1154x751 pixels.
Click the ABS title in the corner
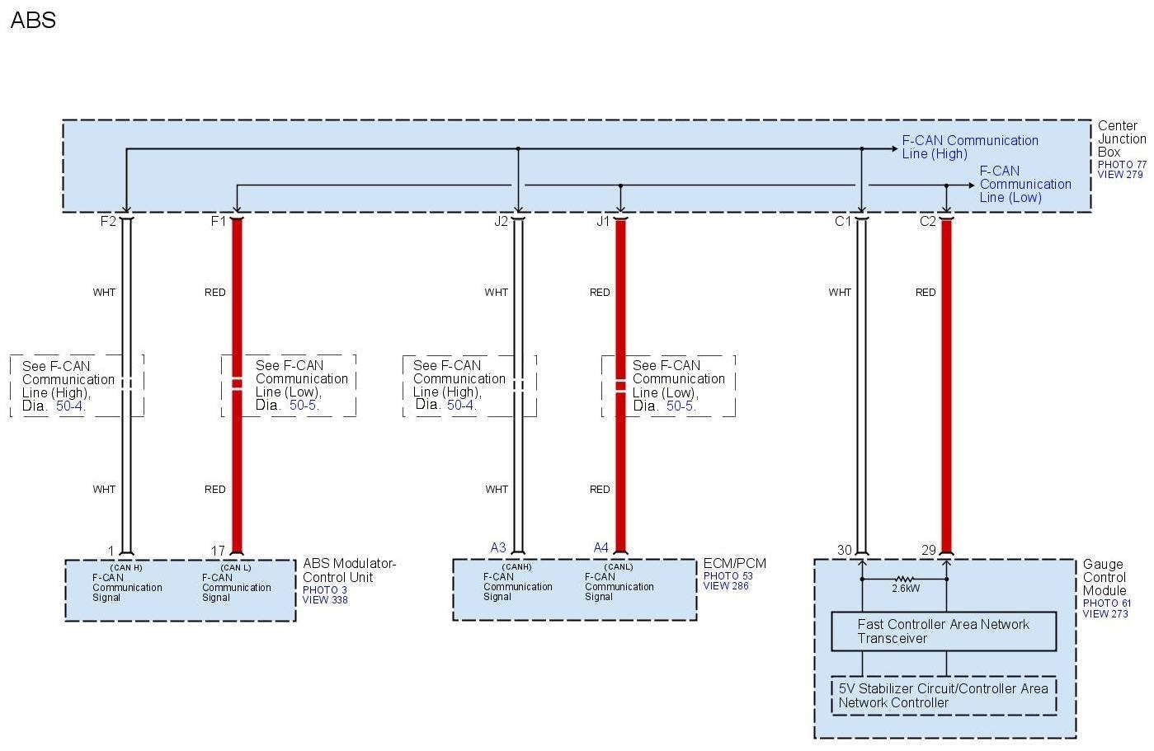tap(33, 20)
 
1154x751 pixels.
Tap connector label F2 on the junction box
tap(108, 221)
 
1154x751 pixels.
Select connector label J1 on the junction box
tap(603, 221)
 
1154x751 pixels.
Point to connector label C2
tap(928, 221)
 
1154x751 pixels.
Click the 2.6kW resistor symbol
tap(905, 580)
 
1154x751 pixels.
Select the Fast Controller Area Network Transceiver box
tap(943, 631)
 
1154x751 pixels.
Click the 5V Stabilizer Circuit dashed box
tap(943, 696)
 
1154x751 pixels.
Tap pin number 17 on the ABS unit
tap(218, 551)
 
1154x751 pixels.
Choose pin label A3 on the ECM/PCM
tap(498, 547)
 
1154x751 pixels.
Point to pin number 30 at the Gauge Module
tap(844, 550)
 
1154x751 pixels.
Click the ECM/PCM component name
tap(734, 564)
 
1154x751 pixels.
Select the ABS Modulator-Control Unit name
tap(349, 570)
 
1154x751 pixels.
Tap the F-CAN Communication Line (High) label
tap(969, 147)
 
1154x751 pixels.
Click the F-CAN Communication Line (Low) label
tap(1024, 184)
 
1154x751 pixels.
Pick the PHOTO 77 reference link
tap(1122, 165)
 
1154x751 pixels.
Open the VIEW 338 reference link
tap(325, 600)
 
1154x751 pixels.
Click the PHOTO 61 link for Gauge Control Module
tap(1107, 603)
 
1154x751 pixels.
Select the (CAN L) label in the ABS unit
tap(236, 567)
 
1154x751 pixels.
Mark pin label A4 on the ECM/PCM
tap(601, 547)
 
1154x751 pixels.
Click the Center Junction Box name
tap(1121, 138)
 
